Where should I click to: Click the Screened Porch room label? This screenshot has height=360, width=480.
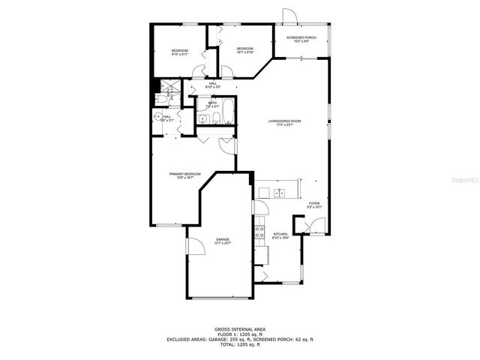(x=300, y=37)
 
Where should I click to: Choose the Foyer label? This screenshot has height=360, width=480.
(x=314, y=203)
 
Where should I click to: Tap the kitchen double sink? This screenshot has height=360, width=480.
(x=278, y=193)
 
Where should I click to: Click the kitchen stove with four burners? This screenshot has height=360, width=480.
(x=260, y=230)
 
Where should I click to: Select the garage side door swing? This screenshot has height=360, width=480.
(x=192, y=249)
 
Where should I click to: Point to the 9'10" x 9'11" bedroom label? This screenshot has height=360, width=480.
(x=179, y=52)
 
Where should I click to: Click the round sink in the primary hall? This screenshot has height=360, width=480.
(x=157, y=116)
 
